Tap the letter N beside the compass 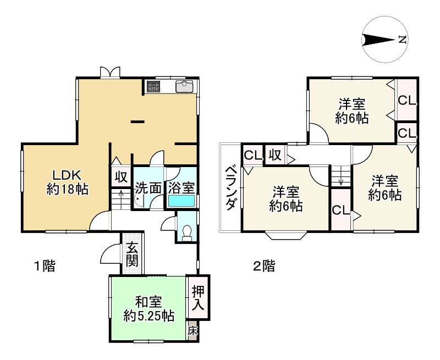[403, 40]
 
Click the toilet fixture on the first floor [188, 233]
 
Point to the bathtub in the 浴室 [182, 201]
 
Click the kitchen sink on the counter [184, 87]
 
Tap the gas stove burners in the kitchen [152, 86]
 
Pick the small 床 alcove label [193, 331]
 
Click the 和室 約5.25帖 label [148, 308]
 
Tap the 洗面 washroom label [148, 187]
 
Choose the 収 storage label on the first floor [121, 177]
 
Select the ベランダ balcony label [231, 187]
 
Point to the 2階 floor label [263, 267]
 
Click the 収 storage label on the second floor [274, 154]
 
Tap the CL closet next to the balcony [252, 154]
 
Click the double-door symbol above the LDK [110, 72]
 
